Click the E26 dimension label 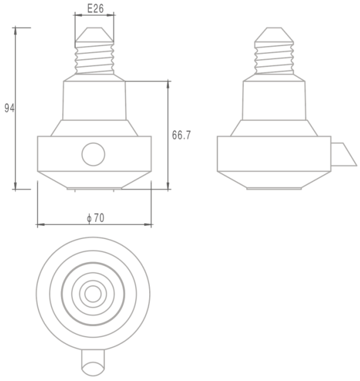[x=95, y=9]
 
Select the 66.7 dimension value [x=182, y=135]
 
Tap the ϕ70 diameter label [x=95, y=218]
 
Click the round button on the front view [x=94, y=154]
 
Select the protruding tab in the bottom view [x=93, y=361]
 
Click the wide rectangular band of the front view [x=59, y=154]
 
